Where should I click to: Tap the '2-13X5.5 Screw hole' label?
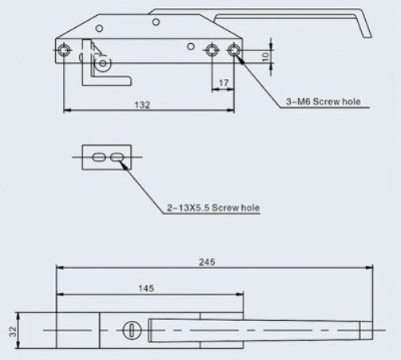[212, 208]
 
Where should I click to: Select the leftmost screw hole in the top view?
[65, 51]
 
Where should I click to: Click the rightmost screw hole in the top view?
[233, 51]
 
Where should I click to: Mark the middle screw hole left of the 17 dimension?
[211, 51]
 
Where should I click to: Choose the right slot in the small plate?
[117, 158]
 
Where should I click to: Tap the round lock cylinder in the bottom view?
[130, 329]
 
